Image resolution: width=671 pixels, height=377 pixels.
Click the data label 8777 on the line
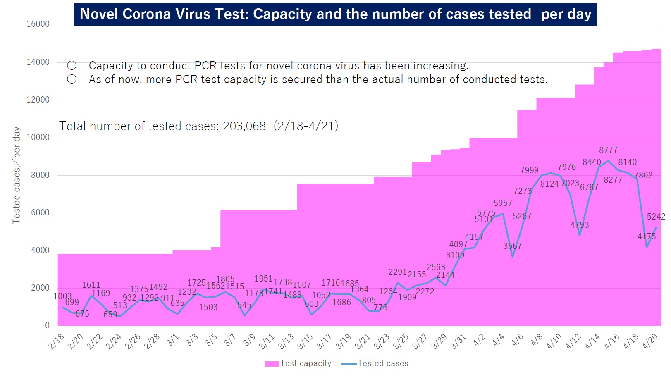(x=608, y=150)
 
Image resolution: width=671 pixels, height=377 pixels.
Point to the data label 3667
(x=512, y=246)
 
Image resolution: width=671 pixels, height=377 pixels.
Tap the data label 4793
(x=579, y=225)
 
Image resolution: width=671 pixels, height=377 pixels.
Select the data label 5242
(x=656, y=217)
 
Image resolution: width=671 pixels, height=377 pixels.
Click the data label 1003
(x=62, y=296)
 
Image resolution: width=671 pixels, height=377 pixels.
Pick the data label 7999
(x=529, y=170)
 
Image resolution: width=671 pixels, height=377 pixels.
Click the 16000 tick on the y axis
(x=38, y=24)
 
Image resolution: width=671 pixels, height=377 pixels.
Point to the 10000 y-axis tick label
(x=38, y=137)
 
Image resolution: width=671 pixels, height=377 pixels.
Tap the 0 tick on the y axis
(x=47, y=325)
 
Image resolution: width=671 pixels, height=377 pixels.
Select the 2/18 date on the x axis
(x=56, y=341)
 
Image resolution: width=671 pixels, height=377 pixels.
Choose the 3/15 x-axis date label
(x=305, y=341)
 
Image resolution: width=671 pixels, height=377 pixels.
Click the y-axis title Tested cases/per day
(x=17, y=175)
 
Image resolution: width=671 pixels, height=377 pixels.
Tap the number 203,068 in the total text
(x=244, y=126)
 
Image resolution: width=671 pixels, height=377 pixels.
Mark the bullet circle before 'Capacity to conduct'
(x=72, y=65)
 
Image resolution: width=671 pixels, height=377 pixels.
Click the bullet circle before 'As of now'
(x=72, y=79)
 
